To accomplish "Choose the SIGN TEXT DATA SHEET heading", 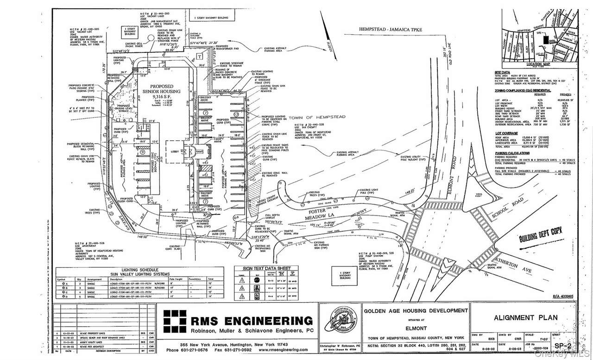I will coord(266,269).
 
